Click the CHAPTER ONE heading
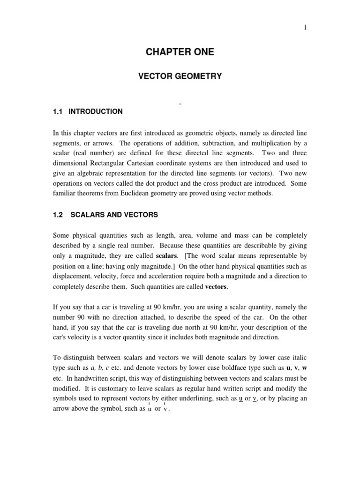180,52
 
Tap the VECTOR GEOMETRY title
180,76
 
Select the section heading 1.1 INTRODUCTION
88,112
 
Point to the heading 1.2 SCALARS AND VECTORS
105,215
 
